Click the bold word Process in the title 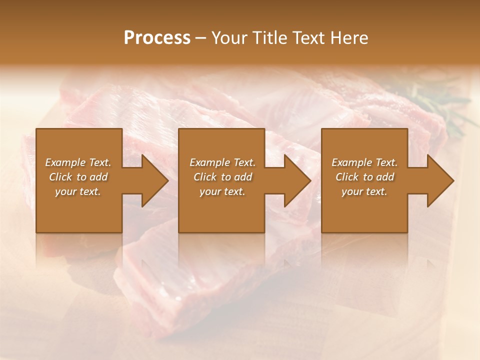point(157,38)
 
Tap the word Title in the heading point(267,38)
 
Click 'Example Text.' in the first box point(78,162)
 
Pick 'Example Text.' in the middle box point(222,162)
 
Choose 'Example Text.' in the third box point(364,162)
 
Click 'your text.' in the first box point(78,191)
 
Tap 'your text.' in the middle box point(222,191)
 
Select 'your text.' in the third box point(364,191)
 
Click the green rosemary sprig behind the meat point(440,107)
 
